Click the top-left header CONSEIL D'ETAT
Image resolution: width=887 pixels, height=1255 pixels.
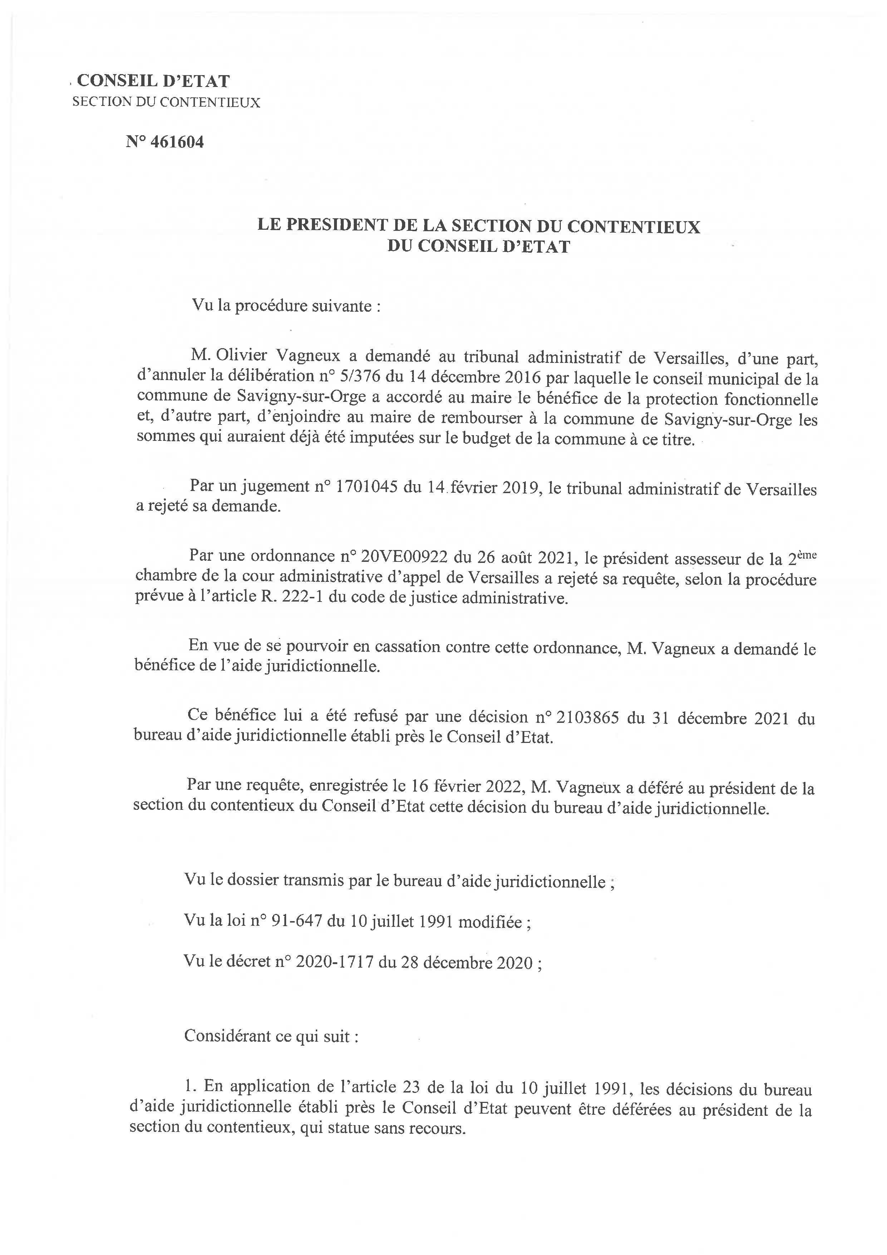[x=153, y=81]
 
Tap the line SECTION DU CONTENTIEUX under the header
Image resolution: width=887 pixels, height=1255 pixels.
[x=166, y=102]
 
